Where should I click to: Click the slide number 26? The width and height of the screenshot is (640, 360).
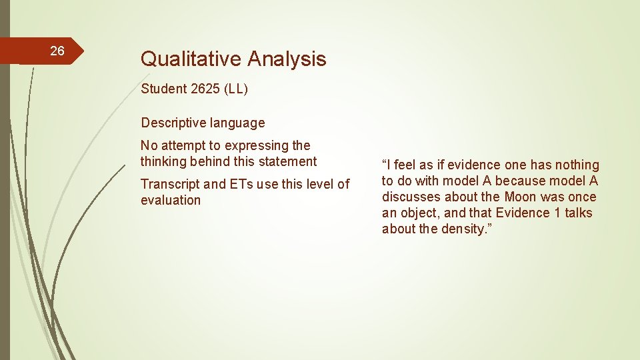tap(57, 51)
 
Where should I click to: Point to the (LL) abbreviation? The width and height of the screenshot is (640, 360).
tap(236, 89)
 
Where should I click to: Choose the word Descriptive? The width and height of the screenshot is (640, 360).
tap(173, 123)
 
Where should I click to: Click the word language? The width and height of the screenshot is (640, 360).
tap(237, 123)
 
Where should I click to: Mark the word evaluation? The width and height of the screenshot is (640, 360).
tap(171, 200)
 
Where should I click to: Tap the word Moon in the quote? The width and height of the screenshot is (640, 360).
tap(520, 197)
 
